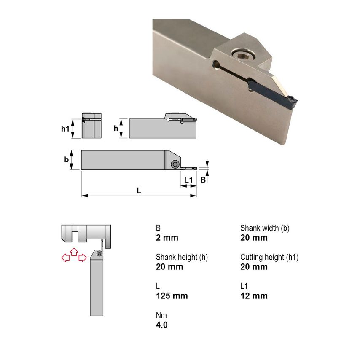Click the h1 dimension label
pos(64,129)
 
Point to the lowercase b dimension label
pos(66,160)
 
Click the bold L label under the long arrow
pos(139,190)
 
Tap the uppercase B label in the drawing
pos(203,180)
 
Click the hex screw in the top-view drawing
pos(175,164)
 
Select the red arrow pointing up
pos(74,252)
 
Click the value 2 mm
pos(167,238)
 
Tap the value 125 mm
pos(172,296)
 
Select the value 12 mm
pos(254,296)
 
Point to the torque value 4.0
pos(161,325)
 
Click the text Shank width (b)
pos(265,228)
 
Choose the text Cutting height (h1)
pos(269,257)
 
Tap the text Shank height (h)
pos(182,257)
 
